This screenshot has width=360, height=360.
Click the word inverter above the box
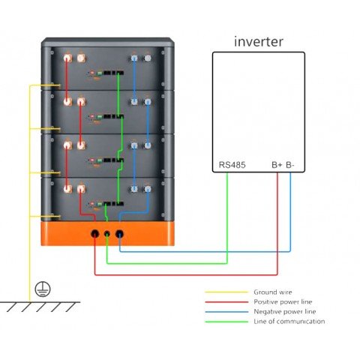tap(258, 41)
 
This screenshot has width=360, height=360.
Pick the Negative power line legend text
tap(284, 312)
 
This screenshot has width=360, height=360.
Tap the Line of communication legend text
tap(289, 322)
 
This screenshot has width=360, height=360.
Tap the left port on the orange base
tap(94, 234)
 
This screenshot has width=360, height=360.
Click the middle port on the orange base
tap(107, 234)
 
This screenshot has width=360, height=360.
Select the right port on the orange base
tap(120, 234)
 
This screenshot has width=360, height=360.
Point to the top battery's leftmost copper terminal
tap(66, 57)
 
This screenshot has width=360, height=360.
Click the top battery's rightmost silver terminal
tap(147, 57)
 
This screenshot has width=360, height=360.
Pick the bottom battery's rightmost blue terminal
tap(147, 190)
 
